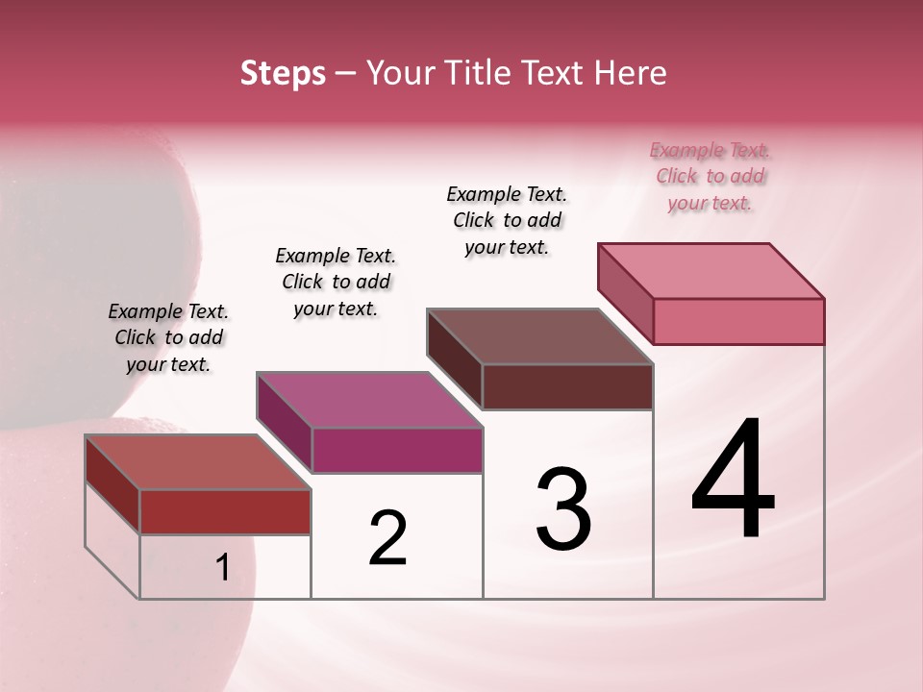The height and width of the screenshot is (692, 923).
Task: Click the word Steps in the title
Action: (283, 73)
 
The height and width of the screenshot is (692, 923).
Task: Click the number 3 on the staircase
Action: (563, 510)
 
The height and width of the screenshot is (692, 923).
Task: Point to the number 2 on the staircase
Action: (388, 538)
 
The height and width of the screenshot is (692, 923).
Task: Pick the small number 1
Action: (223, 568)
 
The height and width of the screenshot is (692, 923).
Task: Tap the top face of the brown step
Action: (539, 336)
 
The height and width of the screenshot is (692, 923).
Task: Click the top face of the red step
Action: (198, 462)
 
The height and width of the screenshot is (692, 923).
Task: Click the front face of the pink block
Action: (738, 321)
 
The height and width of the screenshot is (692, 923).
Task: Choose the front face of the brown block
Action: (567, 386)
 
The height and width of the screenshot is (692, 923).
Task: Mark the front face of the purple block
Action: (397, 450)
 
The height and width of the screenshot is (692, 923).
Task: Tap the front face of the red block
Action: (225, 511)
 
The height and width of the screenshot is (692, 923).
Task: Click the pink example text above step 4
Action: (711, 177)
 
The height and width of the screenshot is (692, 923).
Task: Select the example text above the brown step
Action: (507, 221)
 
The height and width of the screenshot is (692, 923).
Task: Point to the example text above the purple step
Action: (336, 283)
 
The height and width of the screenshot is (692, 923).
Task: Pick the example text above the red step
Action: (168, 338)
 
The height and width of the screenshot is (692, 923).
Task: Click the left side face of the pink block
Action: (626, 293)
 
